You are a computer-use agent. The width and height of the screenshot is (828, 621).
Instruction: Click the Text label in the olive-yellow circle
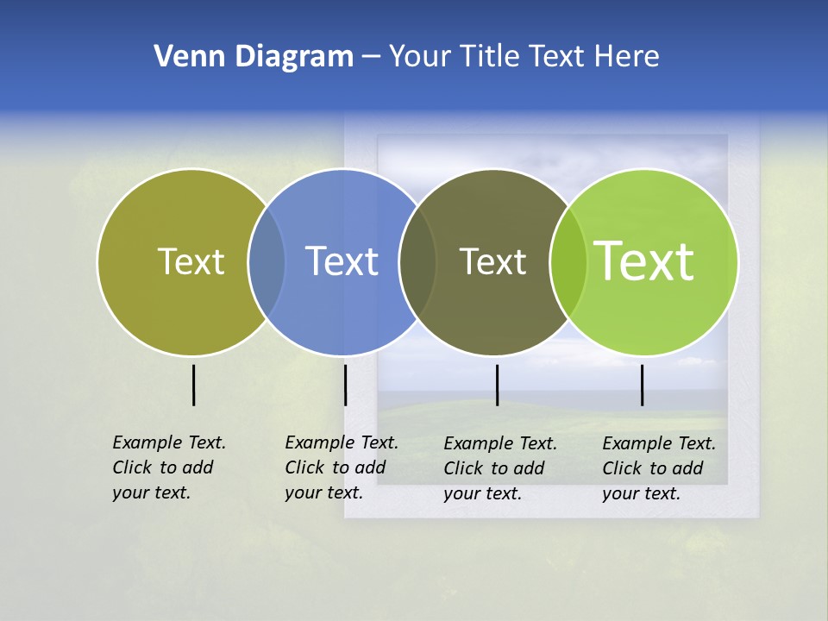click(x=191, y=261)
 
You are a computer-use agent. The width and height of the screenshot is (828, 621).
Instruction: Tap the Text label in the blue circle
click(x=342, y=261)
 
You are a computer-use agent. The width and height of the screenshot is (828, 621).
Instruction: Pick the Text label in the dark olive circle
click(x=492, y=261)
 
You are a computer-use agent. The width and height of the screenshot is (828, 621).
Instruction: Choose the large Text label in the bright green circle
click(x=644, y=261)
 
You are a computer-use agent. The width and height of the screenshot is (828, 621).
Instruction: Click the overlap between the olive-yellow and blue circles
click(x=267, y=262)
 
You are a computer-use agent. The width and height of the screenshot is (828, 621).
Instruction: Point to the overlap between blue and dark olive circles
click(x=418, y=262)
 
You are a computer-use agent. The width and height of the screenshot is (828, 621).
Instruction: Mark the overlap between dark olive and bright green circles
click(x=568, y=262)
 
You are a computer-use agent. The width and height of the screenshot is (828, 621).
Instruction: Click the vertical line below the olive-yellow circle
click(x=193, y=385)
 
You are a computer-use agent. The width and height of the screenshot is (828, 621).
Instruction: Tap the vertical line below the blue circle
click(x=345, y=385)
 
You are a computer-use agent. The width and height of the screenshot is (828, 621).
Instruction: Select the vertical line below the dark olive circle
click(x=497, y=385)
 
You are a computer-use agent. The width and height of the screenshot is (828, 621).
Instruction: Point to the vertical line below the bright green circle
click(x=642, y=385)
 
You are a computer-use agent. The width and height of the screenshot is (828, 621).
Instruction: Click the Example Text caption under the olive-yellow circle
click(x=168, y=467)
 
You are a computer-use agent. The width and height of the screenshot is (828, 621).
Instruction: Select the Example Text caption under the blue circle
click(x=341, y=467)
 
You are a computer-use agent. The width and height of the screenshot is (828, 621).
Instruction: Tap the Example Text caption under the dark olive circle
click(x=499, y=468)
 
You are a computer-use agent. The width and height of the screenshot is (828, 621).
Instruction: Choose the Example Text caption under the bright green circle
click(x=658, y=468)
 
